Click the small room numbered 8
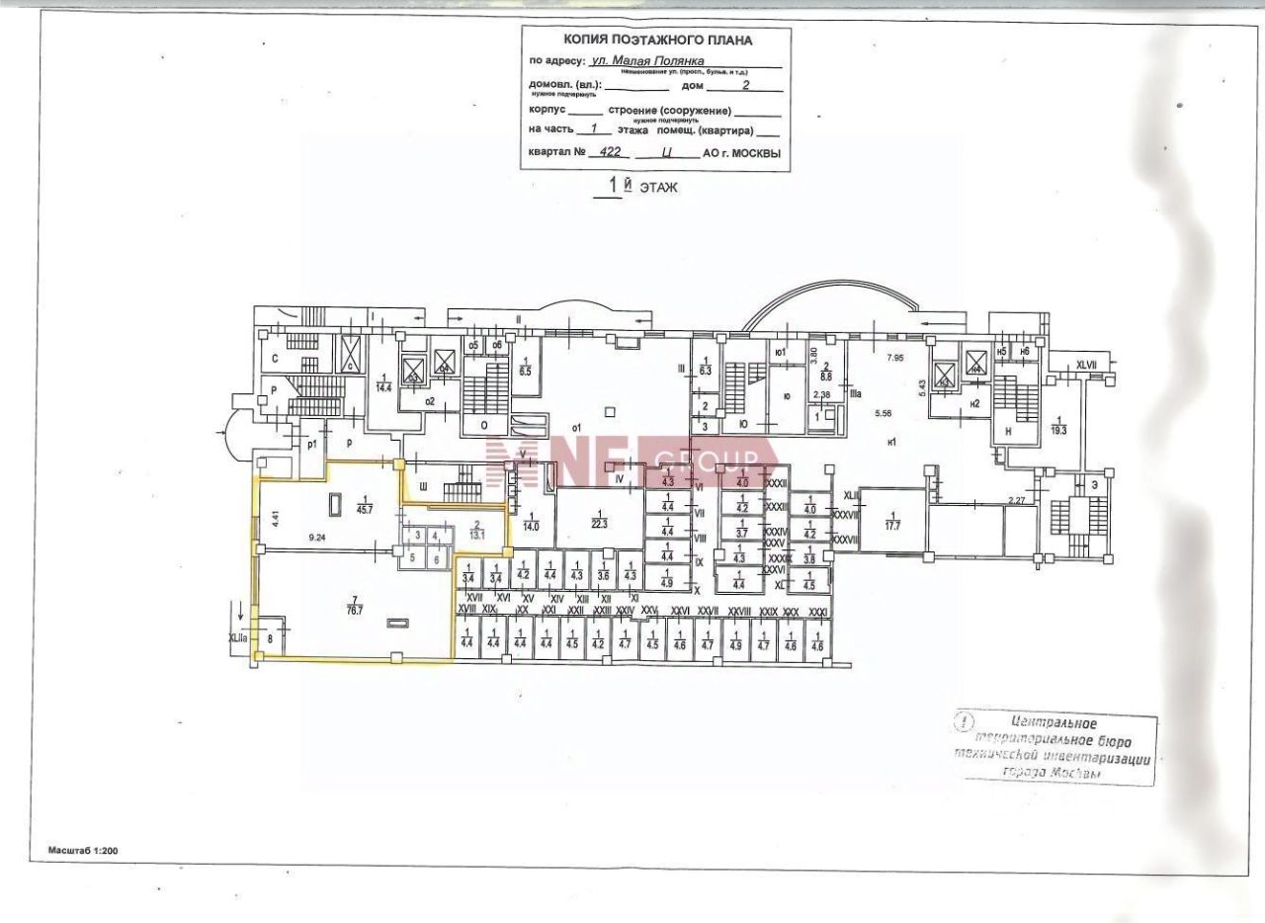[270, 639]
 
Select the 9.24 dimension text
[318, 538]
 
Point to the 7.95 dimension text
[895, 357]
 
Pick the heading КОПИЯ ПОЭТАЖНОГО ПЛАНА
[657, 41]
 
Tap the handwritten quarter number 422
[602, 153]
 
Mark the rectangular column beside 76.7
[398, 623]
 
